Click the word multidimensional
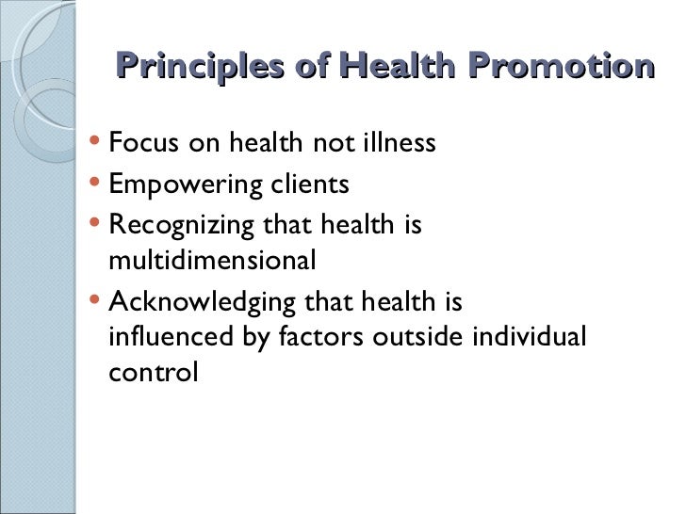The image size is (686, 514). coord(212,261)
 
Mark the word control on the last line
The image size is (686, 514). coord(154,371)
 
